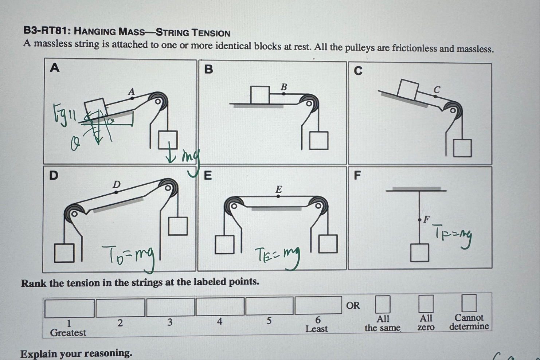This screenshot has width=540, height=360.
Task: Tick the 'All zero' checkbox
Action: (426, 303)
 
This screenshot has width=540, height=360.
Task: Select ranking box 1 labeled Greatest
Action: (69, 308)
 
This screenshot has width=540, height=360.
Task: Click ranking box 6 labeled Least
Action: (318, 305)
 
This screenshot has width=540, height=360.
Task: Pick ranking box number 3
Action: (170, 307)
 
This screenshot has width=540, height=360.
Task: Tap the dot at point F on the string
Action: (419, 220)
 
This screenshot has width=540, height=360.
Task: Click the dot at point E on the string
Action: (278, 196)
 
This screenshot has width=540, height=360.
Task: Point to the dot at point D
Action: (116, 192)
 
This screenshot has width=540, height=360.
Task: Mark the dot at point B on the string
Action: (284, 94)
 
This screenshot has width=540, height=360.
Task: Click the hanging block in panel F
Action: (419, 253)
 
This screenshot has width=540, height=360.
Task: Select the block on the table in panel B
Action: (260, 95)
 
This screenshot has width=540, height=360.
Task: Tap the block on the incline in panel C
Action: (408, 89)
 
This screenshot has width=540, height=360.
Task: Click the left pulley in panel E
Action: (234, 205)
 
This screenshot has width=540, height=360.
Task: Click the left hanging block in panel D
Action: (64, 253)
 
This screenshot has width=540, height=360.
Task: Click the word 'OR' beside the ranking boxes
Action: (352, 305)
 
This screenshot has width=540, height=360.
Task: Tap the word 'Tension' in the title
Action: (211, 33)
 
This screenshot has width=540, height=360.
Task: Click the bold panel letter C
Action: (358, 71)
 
